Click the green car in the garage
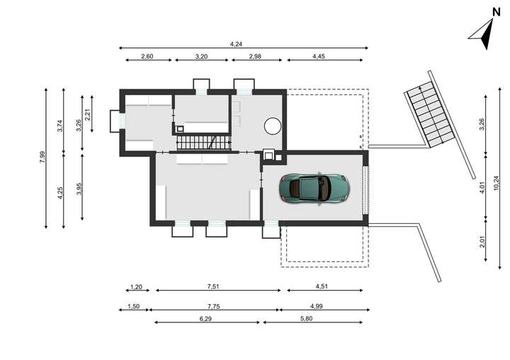pos(314,187)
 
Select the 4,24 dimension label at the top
pos(235,43)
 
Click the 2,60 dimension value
pos(147,56)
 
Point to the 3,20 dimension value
pos(202,56)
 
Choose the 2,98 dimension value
pos(256,56)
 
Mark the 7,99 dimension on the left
pos(42,158)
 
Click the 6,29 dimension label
pos(205,319)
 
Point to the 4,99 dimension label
pos(320,306)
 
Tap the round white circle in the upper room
pos(272,126)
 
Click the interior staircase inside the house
pos(204,142)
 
